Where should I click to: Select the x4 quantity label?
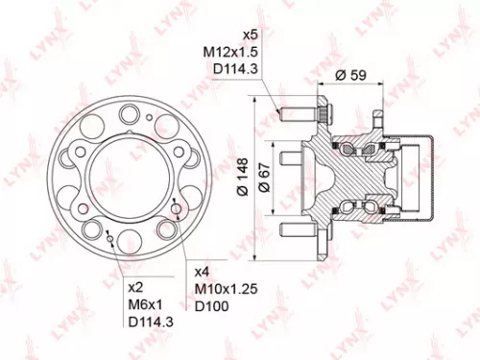201,272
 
